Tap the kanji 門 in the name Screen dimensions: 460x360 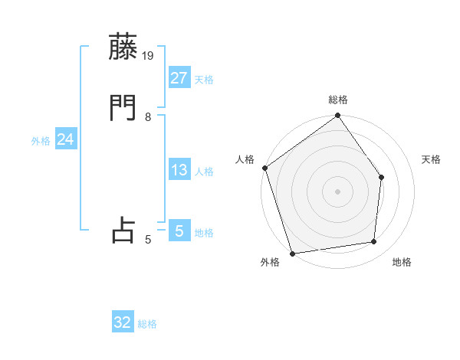pos(123,108)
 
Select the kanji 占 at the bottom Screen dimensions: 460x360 pos(123,231)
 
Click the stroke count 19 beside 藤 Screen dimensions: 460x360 pos(149,55)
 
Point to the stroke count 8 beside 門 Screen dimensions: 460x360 pos(148,117)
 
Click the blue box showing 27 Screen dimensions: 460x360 pos(179,78)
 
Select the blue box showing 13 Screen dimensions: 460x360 pos(179,170)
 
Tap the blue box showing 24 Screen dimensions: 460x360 pos(66,139)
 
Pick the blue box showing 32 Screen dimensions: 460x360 pos(123,322)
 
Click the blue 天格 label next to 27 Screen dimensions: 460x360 pos(204,80)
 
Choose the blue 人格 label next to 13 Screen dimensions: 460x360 pos(204,172)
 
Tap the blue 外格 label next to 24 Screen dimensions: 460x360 pos(41,141)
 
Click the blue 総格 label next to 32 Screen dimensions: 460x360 pos(147,324)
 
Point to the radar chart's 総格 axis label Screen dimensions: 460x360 pos(338,100)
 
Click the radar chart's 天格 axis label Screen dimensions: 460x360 pos(431,159)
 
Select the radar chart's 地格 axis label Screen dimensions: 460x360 pos(402,262)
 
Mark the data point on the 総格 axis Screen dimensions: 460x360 pos(338,116)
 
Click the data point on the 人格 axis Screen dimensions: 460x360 pos(265,168)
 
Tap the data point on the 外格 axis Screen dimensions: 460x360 pos(293,253)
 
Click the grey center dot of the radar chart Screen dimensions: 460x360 pos(338,191)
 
